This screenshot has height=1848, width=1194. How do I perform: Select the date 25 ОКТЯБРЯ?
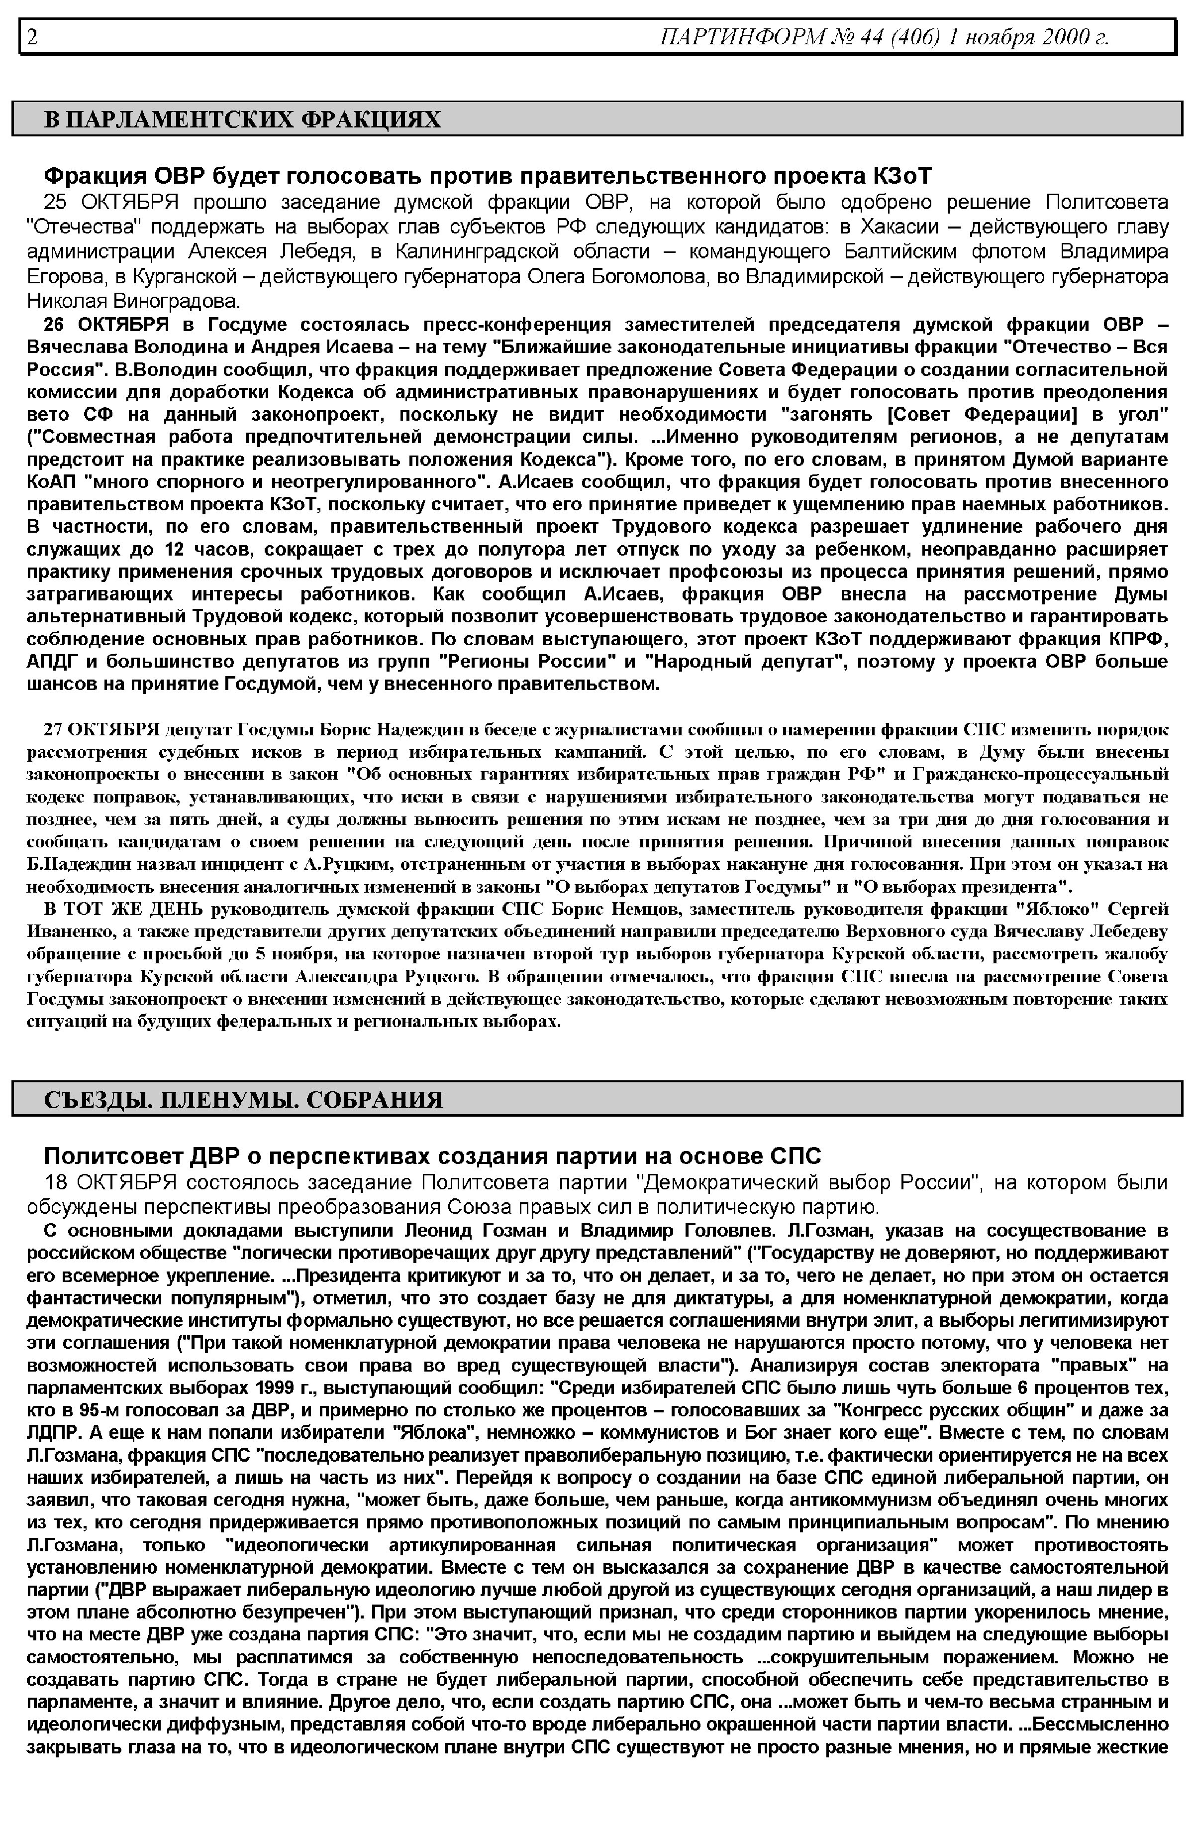[x=111, y=203]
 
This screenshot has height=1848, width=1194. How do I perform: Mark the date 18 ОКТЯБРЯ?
[x=111, y=1182]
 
